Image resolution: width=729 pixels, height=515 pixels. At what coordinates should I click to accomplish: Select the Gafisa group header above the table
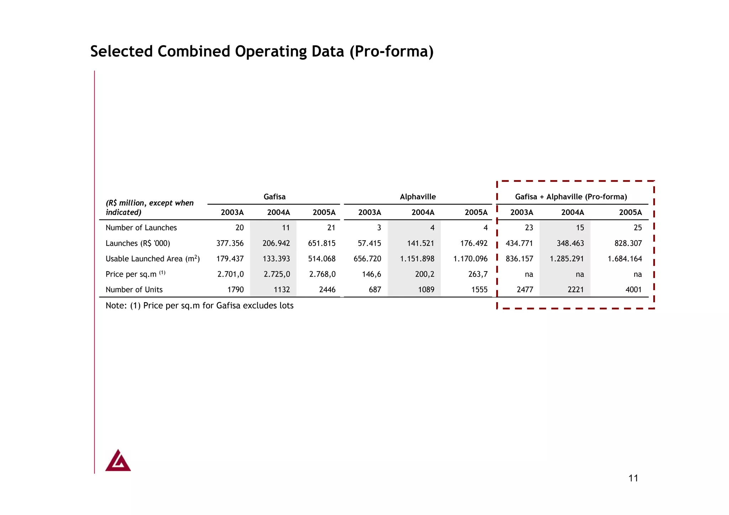274,197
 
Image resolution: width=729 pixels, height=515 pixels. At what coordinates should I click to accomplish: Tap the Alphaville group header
418,197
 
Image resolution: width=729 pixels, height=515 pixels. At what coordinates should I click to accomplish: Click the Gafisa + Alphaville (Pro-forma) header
571,197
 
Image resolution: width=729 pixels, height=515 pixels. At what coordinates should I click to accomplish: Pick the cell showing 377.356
230,243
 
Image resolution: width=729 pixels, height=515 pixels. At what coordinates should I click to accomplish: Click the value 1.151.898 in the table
417,259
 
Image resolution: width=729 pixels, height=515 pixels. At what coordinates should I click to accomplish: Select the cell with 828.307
628,243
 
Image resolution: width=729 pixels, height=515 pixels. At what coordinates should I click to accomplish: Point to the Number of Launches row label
141,228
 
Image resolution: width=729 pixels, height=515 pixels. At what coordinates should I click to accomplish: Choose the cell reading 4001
634,290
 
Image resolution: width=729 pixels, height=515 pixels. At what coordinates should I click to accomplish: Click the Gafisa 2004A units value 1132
282,290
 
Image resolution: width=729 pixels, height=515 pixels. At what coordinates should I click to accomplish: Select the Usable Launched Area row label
152,259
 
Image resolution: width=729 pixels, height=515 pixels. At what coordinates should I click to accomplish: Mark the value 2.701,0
230,274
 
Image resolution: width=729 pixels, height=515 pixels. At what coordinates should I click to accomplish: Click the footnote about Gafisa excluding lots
199,306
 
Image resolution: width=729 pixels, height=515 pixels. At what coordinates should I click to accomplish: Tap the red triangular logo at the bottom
118,461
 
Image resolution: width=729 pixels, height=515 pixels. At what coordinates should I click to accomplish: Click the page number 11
633,478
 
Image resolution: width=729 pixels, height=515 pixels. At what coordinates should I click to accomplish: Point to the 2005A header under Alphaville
476,212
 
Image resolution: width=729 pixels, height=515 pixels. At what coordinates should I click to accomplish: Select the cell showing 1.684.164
625,259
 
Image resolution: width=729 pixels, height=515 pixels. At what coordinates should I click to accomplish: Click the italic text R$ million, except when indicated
150,207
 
